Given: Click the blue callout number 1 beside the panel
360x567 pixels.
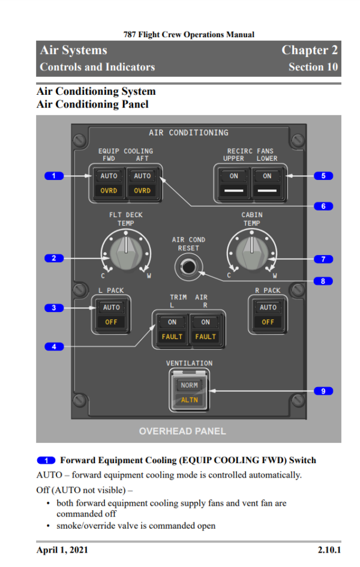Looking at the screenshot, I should (54, 176).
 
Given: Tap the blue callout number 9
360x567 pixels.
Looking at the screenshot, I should (323, 391).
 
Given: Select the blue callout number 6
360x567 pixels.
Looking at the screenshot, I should (323, 206).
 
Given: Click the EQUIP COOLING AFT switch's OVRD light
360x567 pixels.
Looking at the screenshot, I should (142, 191).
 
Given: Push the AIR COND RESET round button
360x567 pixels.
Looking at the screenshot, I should (188, 267).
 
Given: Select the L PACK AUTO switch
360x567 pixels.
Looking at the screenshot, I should (112, 307).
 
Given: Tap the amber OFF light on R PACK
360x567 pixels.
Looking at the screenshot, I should (268, 322).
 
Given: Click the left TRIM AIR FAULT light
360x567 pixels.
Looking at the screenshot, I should (172, 337).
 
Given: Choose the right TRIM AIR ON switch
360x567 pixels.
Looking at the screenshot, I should (205, 322).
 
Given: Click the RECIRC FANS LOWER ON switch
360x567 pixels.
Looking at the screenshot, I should (267, 176).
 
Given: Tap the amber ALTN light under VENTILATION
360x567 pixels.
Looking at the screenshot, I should (189, 400).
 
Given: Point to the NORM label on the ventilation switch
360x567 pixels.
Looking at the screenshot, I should (189, 385).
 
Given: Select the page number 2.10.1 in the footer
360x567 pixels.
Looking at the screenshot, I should (329, 550).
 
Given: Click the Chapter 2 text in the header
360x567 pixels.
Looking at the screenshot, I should (310, 50).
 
